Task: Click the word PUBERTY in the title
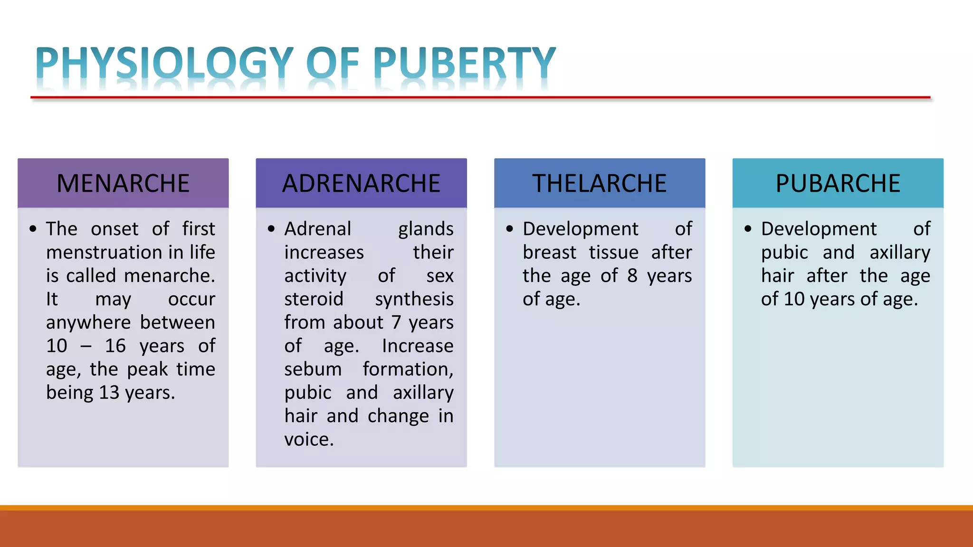pos(464,63)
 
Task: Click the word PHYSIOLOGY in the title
pos(164,63)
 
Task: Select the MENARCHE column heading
pos(123,183)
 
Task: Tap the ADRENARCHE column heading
pos(361,183)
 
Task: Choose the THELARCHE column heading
pos(599,183)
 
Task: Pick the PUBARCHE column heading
pos(838,183)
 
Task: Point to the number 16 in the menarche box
pos(115,346)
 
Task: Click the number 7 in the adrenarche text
pos(396,322)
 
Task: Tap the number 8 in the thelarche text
pos(632,276)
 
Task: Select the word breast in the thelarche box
pos(549,253)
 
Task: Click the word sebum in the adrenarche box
pos(313,369)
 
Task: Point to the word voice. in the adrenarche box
pos(309,440)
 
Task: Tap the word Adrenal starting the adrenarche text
pos(317,229)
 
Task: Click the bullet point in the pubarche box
pos(748,229)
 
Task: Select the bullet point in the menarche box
pos(33,229)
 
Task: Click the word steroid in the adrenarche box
pos(314,299)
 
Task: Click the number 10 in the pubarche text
pos(794,299)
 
